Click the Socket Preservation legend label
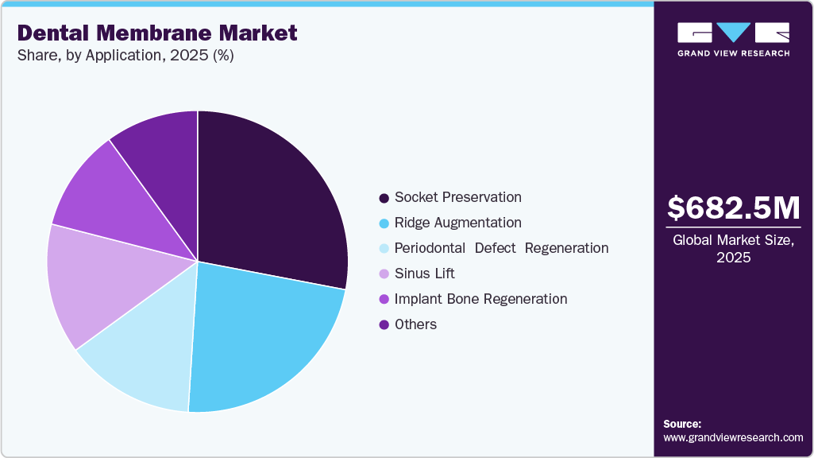click(458, 197)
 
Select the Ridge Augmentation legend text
click(458, 223)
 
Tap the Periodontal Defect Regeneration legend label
click(501, 248)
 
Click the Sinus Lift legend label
click(425, 274)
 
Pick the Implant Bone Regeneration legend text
click(480, 299)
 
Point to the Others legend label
click(415, 324)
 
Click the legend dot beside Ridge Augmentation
click(384, 223)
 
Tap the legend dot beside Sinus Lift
click(384, 274)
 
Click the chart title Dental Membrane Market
click(157, 33)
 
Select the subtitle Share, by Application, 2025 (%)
click(125, 56)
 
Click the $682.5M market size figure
click(733, 208)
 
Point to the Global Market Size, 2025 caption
click(733, 248)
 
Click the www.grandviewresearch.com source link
click(733, 437)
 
